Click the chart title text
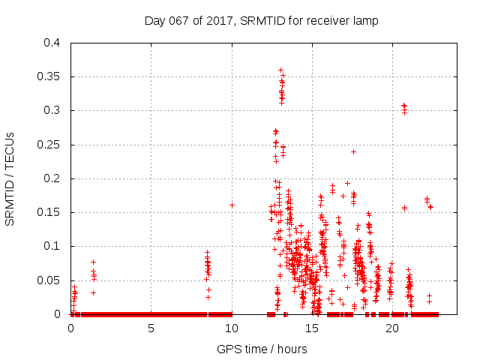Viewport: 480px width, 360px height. coord(261,20)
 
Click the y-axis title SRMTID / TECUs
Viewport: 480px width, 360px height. coord(10,178)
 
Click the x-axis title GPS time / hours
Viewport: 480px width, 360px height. coord(262,349)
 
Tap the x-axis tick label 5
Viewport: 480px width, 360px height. coord(151,328)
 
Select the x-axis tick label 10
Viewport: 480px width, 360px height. coord(231,328)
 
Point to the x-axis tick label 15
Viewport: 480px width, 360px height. coord(311,328)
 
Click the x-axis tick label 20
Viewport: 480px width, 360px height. coord(391,328)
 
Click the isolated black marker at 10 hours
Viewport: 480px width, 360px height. coord(232,205)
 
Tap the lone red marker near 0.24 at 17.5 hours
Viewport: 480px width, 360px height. coord(353,151)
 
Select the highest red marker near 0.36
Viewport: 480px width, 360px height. coord(280,70)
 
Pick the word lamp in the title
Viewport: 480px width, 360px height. coord(366,20)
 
